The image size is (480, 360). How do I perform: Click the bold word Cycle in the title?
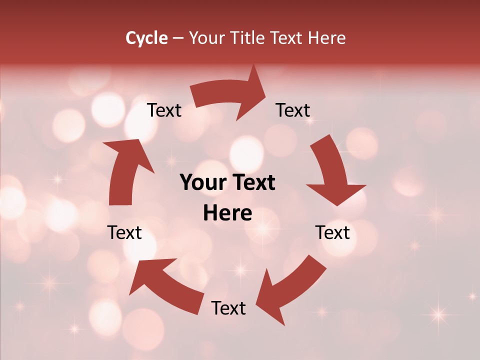tap(146, 38)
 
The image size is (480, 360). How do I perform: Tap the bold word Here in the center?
tap(227, 213)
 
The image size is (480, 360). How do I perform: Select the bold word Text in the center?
tap(252, 183)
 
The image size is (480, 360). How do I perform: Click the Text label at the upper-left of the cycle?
tap(164, 110)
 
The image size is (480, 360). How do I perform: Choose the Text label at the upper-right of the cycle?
tap(293, 110)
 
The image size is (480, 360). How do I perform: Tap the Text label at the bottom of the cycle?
tap(228, 308)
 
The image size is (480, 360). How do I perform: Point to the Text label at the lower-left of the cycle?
tap(124, 232)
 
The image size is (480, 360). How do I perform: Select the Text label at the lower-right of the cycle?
tap(332, 232)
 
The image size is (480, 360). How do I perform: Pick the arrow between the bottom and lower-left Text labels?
tap(165, 282)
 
